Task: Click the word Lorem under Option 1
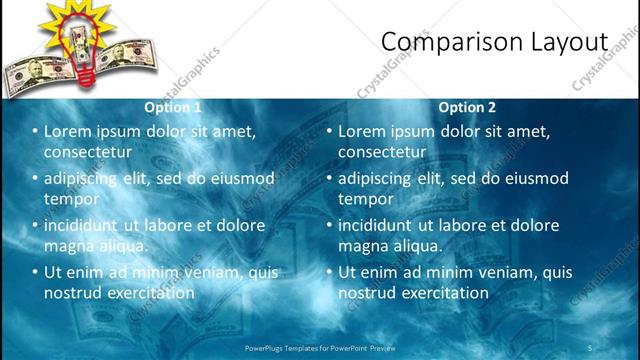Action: click(x=69, y=131)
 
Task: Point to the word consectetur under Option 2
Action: click(x=382, y=151)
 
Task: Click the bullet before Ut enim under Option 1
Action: click(x=35, y=272)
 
